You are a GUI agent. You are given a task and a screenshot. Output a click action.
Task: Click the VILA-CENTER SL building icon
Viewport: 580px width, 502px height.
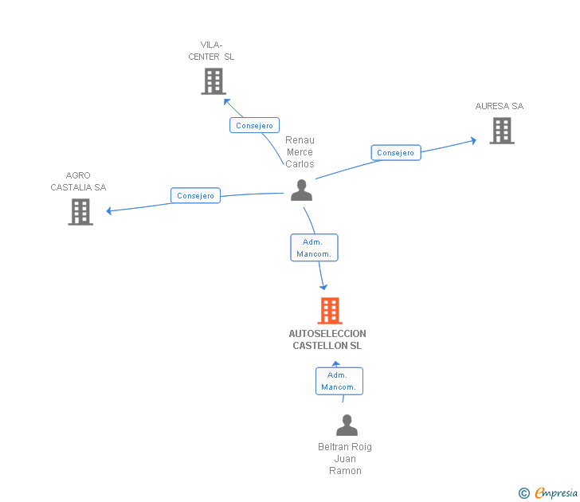click(x=214, y=81)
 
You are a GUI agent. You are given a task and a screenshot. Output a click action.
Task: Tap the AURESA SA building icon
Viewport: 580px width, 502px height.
click(x=501, y=131)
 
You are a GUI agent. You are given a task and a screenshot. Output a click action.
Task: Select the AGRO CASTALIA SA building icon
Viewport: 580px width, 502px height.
click(x=80, y=212)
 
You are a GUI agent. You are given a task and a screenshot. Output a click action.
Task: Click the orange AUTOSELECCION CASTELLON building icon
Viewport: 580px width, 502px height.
click(x=330, y=311)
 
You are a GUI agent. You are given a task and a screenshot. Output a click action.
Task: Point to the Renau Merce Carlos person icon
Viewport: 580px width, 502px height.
click(x=301, y=190)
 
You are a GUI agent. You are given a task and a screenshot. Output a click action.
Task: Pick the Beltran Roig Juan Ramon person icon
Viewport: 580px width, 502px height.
click(x=347, y=426)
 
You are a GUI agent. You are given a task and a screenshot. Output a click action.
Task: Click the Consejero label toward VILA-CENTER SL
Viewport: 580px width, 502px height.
click(x=255, y=126)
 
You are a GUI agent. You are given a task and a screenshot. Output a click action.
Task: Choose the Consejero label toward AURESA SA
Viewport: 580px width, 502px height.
click(x=396, y=153)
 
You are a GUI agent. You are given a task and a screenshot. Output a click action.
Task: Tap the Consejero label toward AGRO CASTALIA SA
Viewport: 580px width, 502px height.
click(x=196, y=196)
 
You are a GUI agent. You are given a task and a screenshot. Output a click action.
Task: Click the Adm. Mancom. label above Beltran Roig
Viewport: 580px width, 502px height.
click(x=339, y=381)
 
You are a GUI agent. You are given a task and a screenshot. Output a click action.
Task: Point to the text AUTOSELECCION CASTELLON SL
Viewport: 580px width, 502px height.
click(x=327, y=339)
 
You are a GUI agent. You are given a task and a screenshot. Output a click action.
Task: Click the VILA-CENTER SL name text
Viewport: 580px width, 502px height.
click(x=212, y=51)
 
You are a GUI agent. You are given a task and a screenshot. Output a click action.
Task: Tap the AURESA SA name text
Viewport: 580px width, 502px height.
click(x=500, y=106)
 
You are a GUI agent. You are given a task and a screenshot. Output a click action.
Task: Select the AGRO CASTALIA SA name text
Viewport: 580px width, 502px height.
click(x=78, y=182)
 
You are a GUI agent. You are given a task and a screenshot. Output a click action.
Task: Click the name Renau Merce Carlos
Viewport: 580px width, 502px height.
click(x=300, y=152)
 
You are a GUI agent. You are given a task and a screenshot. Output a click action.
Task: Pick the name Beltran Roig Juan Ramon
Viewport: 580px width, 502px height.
click(x=345, y=459)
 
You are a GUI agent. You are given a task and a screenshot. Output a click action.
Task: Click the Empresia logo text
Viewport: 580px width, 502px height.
click(x=555, y=493)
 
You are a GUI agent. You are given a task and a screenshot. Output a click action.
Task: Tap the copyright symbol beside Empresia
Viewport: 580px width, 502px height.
click(x=524, y=494)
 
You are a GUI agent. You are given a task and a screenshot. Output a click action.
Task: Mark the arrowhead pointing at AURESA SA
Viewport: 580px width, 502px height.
click(x=473, y=139)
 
